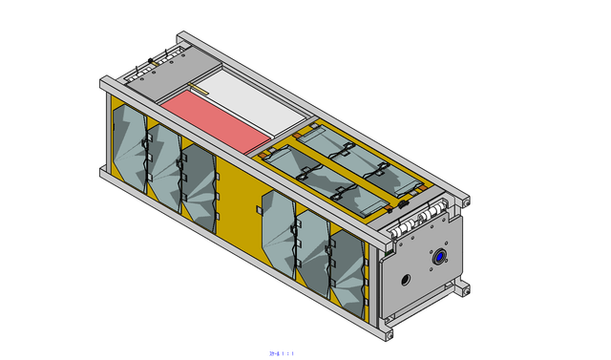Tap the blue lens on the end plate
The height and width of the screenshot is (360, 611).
pos(440,258)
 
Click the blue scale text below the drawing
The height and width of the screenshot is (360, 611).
pos(282,353)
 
